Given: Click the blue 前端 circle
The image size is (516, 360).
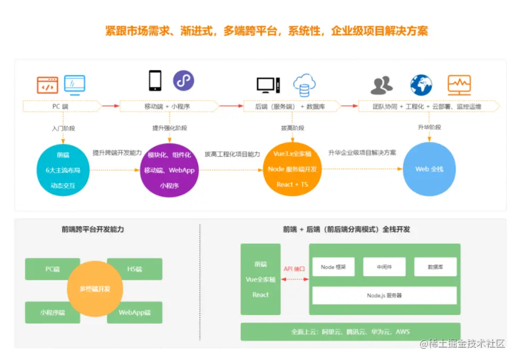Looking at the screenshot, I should point(63,170).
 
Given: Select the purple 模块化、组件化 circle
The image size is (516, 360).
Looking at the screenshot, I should point(170,170).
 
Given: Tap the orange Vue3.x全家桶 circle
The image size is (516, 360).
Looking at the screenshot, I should point(292,170).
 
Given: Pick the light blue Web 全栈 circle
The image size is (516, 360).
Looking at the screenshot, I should point(429,170).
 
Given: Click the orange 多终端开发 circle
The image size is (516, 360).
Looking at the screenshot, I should point(95,289).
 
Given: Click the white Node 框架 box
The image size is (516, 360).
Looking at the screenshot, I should point(334,267).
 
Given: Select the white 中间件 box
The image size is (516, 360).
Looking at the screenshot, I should point(384,267).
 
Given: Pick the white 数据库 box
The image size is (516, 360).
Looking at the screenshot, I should point(435,267).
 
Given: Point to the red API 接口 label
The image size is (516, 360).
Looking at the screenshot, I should point(294,269).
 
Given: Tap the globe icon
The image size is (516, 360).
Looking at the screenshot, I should point(421,85).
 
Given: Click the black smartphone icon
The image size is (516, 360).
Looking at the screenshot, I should point(155,81).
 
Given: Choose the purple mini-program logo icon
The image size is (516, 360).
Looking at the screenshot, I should point(183,81).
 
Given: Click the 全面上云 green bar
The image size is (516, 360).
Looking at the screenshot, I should point(350,332).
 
